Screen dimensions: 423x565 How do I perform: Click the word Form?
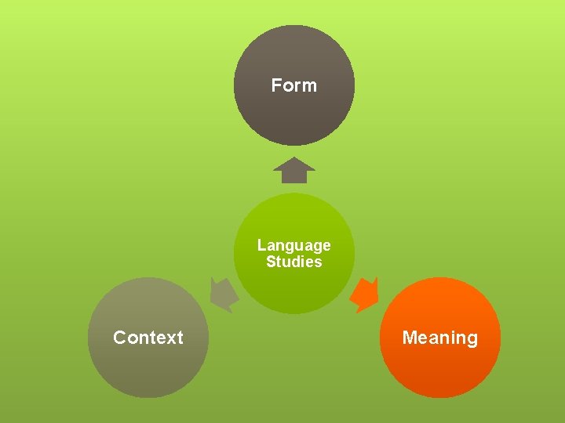(x=294, y=85)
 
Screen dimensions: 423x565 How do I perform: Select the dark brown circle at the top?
(x=294, y=117)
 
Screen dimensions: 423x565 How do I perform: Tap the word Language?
(x=294, y=245)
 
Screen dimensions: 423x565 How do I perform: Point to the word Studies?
(x=294, y=262)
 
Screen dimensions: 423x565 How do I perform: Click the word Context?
(x=148, y=338)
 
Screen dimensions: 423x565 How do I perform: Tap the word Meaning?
(x=439, y=338)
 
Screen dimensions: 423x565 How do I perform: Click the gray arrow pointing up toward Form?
(x=294, y=171)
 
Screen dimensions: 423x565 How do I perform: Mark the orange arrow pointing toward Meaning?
(x=365, y=295)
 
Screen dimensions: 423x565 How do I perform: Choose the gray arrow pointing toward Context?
(x=224, y=295)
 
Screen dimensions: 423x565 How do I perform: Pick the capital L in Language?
(x=261, y=245)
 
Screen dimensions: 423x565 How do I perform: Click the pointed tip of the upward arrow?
(x=294, y=158)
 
